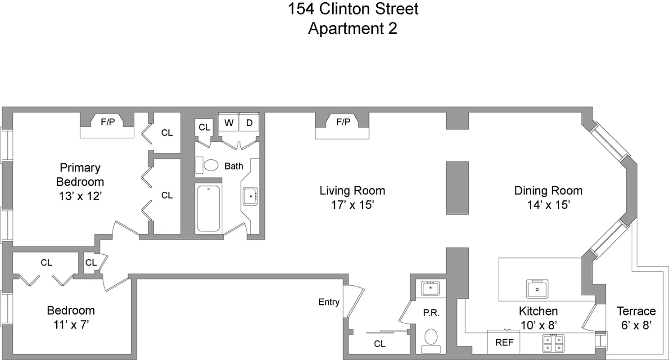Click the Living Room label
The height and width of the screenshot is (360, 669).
point(352,190)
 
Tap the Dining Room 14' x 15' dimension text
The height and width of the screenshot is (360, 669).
point(549,205)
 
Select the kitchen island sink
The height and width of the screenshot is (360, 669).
point(538,288)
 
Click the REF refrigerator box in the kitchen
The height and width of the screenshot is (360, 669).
point(504,342)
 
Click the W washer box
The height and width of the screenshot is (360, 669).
point(229,123)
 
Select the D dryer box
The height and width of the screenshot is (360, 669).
point(249,123)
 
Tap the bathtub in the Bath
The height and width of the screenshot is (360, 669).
point(208,208)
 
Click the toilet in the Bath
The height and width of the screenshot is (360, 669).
point(208,165)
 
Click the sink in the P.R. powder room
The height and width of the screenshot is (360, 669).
point(431,288)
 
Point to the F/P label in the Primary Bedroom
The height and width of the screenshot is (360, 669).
point(107,121)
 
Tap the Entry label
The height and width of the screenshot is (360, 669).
point(329,302)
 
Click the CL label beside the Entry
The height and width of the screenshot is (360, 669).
point(380,344)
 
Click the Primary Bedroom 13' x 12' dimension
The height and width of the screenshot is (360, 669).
point(80,196)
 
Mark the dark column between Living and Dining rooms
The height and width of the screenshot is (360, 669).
point(457,187)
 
